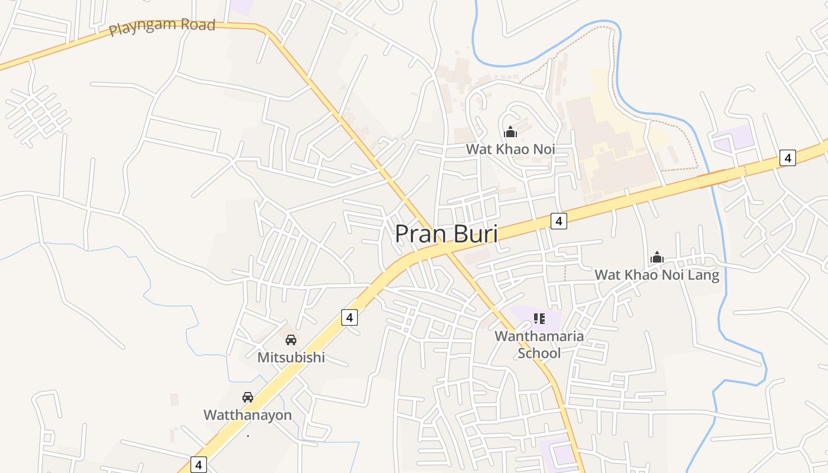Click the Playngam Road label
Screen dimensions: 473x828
click(x=162, y=27)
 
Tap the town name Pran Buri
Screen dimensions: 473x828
click(x=446, y=234)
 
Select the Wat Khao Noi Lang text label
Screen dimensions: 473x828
click(x=656, y=275)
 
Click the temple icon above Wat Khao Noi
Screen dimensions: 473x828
click(x=510, y=132)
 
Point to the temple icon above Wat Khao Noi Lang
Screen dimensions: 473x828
click(x=656, y=258)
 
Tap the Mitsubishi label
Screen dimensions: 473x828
click(x=291, y=357)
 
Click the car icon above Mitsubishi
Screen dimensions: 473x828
click(x=291, y=340)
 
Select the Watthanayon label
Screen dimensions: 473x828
click(x=248, y=415)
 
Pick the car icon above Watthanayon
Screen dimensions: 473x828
click(x=248, y=397)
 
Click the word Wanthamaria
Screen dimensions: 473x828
click(x=539, y=336)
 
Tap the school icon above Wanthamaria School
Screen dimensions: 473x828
click(x=539, y=319)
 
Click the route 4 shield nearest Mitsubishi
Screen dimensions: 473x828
click(x=350, y=318)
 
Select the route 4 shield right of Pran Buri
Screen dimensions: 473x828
click(x=558, y=221)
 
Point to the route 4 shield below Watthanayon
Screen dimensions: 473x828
click(x=198, y=465)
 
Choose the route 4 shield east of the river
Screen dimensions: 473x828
click(x=787, y=158)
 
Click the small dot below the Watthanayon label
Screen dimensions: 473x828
click(x=248, y=436)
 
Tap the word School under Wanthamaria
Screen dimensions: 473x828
click(x=539, y=354)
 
